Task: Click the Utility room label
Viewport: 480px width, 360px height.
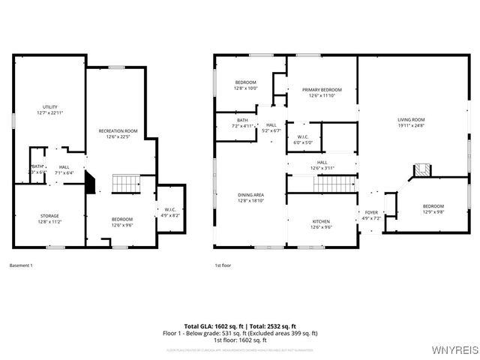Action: click(50, 109)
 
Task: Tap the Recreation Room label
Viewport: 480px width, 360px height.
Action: click(118, 133)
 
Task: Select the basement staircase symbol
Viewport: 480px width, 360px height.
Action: click(127, 183)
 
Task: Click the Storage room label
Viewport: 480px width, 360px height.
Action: click(49, 219)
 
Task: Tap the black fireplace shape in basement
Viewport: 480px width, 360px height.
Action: click(91, 182)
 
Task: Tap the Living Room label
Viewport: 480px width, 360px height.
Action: click(411, 122)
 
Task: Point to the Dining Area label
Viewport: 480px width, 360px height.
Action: click(250, 197)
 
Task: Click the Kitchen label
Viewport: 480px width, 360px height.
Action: click(321, 223)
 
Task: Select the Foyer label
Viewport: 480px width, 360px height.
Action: click(372, 215)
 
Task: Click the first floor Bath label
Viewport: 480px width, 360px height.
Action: click(242, 123)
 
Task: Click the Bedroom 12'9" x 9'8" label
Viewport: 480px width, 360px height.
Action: click(433, 209)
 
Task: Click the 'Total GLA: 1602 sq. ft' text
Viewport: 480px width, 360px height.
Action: click(214, 326)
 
